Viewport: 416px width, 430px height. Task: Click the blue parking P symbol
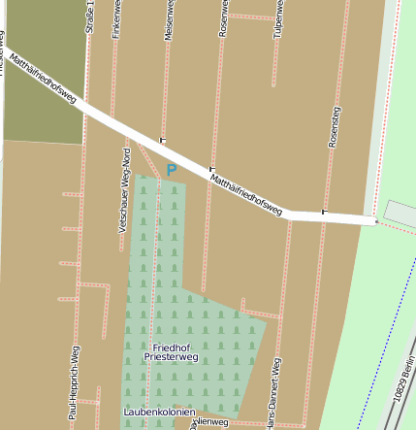(x=172, y=171)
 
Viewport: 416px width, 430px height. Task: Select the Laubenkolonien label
(x=160, y=413)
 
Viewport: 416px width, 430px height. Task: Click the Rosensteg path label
(x=336, y=127)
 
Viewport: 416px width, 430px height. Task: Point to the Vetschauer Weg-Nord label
(x=123, y=190)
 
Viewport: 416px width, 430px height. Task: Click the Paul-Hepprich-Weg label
(x=74, y=384)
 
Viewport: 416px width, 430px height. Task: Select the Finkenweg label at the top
(x=117, y=18)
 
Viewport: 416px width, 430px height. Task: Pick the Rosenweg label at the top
(x=224, y=17)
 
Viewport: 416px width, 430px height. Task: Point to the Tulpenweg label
(x=278, y=17)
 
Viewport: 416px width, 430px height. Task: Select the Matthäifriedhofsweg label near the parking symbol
(x=245, y=193)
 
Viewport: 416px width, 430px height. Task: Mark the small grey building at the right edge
(x=400, y=214)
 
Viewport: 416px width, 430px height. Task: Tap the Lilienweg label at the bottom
(x=210, y=423)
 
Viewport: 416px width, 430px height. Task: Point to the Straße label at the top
(x=90, y=17)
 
